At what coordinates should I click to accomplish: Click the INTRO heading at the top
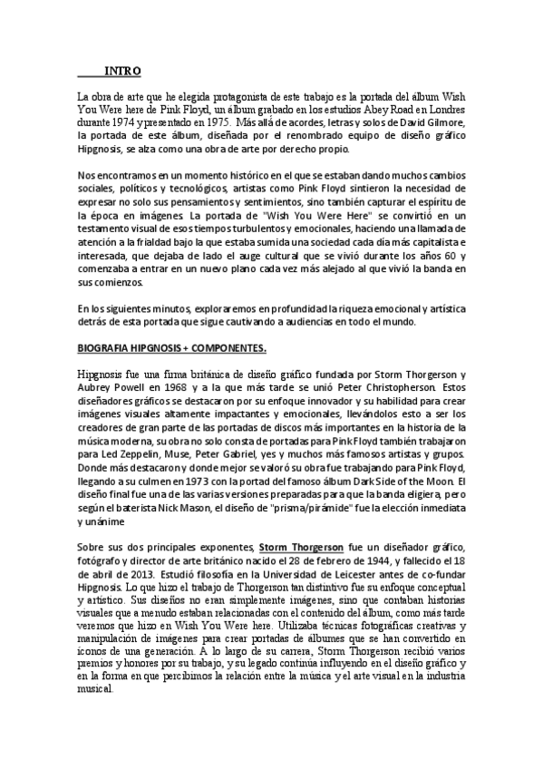coord(121,71)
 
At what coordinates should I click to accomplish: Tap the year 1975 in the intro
coord(243,119)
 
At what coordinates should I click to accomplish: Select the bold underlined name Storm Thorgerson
coord(301,548)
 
